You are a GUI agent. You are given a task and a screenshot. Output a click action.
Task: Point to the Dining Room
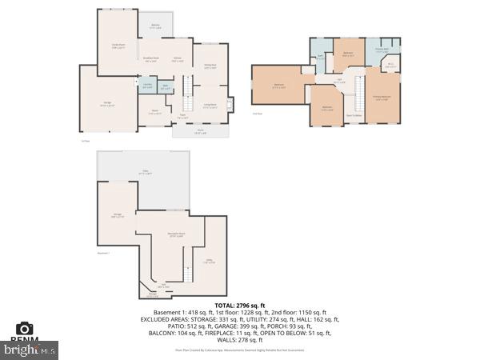210,66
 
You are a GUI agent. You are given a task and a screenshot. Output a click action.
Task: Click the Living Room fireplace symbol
230,104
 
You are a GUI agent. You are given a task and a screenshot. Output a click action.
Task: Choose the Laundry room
147,86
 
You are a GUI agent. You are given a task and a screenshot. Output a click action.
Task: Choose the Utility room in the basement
210,260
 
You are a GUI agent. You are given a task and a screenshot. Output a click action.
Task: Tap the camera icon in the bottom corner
25,328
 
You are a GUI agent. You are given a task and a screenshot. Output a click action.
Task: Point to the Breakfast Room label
150,58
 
